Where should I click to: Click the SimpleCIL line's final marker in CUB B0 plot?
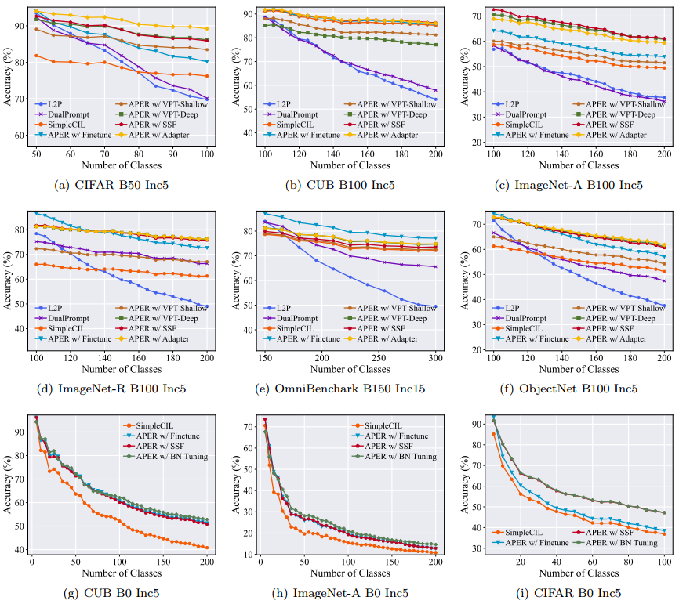coord(206,548)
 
